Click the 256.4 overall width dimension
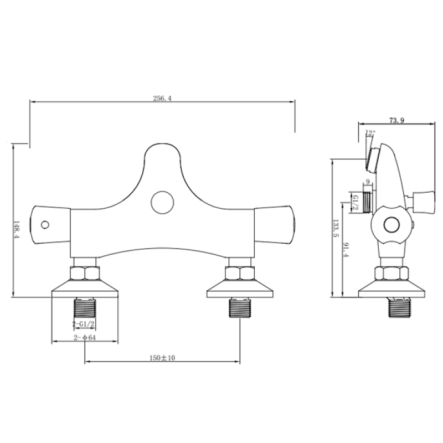click(x=162, y=98)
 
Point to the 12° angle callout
click(x=370, y=133)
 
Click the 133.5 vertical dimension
click(x=335, y=227)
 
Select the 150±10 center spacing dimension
click(x=162, y=359)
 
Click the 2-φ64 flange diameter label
click(x=84, y=338)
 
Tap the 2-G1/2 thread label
click(x=84, y=323)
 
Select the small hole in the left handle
click(x=45, y=225)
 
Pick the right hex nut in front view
click(x=240, y=274)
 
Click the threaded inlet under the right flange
click(x=240, y=307)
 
